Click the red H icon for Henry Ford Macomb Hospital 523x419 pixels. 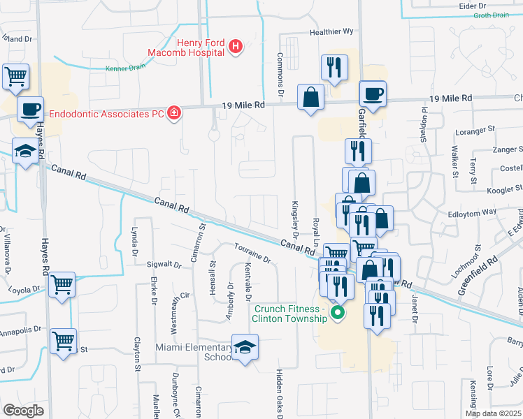click(236, 47)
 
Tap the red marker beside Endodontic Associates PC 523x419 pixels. click(174, 113)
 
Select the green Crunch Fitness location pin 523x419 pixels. click(338, 311)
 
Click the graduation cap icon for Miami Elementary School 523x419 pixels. click(245, 346)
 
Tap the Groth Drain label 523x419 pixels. click(492, 15)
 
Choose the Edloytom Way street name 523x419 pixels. click(471, 211)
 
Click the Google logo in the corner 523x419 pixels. click(24, 410)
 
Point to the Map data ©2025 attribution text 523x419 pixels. click(493, 413)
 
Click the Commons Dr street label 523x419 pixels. click(280, 75)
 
